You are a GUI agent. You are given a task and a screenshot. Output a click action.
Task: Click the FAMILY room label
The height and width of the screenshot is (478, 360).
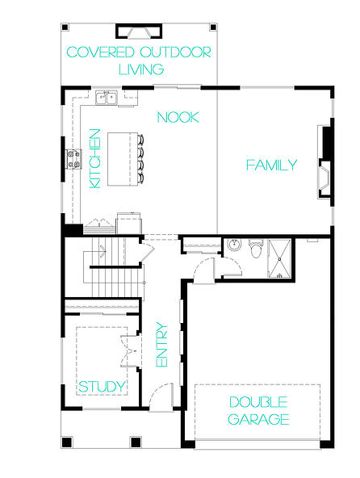pyautogui.click(x=271, y=165)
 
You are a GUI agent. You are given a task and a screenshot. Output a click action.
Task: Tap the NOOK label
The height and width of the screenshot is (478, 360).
pyautogui.click(x=178, y=117)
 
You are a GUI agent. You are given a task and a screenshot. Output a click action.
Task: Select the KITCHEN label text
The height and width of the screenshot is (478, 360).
pyautogui.click(x=95, y=158)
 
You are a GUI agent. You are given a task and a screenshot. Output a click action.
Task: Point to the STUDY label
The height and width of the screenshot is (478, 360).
pyautogui.click(x=103, y=387)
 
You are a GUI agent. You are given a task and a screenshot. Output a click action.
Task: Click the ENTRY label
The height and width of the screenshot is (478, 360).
pyautogui.click(x=162, y=345)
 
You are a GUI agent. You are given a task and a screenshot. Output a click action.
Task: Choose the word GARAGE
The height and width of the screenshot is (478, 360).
pyautogui.click(x=258, y=419)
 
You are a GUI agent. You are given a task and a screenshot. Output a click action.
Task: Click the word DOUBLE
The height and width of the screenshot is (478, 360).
pyautogui.click(x=258, y=402)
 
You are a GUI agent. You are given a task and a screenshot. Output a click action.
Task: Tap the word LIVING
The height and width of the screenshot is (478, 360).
pyautogui.click(x=141, y=69)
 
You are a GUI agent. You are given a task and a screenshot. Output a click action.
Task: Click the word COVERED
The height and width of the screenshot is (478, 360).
pyautogui.click(x=100, y=52)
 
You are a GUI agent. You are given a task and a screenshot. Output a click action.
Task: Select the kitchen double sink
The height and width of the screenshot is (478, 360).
pyautogui.click(x=107, y=98)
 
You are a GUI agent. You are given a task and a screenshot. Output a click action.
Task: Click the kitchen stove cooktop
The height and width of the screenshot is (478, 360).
pyautogui.click(x=74, y=159)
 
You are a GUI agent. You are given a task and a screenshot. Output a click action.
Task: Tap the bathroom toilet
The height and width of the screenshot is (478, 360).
pyautogui.click(x=255, y=249)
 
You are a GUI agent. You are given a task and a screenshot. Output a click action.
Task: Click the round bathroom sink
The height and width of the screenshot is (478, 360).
pyautogui.click(x=234, y=245)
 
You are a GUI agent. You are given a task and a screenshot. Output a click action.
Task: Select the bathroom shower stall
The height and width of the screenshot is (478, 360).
pyautogui.click(x=279, y=258)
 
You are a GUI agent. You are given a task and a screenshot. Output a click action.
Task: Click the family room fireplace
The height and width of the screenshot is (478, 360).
pyautogui.click(x=324, y=162)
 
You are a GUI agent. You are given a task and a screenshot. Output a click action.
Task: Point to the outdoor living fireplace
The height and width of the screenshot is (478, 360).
pyautogui.click(x=139, y=31)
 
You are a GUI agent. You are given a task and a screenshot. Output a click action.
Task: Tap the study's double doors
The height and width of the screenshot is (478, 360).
pyautogui.click(x=130, y=351)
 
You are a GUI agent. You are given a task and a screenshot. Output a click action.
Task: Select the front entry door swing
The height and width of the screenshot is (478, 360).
pyautogui.click(x=161, y=396)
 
